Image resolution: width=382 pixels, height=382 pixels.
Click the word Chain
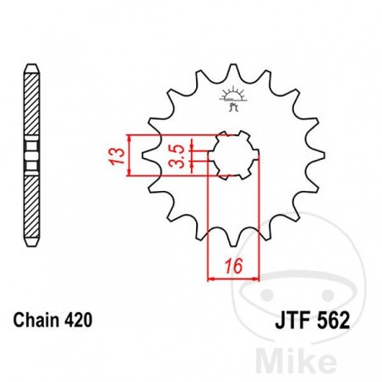[x=35, y=321]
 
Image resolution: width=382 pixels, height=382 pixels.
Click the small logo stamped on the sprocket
[x=231, y=96]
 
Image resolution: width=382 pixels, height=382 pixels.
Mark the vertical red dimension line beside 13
[x=128, y=156]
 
